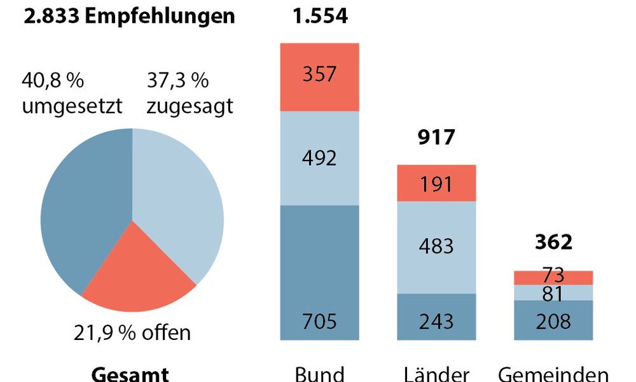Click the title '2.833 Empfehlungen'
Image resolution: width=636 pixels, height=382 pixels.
129,16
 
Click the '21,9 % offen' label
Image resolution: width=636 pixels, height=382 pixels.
132,332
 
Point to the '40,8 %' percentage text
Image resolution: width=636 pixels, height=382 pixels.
53,81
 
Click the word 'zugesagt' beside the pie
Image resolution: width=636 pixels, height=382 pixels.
189,106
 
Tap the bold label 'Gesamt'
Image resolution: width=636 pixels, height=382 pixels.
130,373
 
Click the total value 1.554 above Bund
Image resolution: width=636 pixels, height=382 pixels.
320,16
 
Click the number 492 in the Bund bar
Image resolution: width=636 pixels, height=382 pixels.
320,158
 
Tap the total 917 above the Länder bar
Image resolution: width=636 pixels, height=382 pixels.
436,137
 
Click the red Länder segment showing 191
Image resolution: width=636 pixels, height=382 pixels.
436,183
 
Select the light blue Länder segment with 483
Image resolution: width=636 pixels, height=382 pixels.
436,246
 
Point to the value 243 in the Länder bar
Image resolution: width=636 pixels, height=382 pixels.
436,320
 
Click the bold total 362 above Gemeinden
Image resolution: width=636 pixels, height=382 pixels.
553,243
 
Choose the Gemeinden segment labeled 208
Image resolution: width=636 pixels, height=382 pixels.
553,320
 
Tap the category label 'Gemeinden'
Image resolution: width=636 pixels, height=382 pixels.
553,373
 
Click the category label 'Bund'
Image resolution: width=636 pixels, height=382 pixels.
320,373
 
